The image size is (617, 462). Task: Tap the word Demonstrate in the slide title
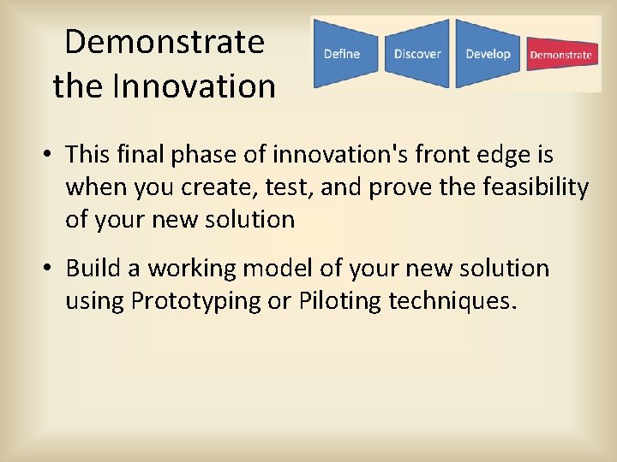(x=165, y=41)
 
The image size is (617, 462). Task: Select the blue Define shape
(x=345, y=53)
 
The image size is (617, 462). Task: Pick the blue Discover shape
(x=416, y=53)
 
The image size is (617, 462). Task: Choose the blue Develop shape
(x=488, y=53)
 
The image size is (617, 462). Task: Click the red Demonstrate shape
(x=562, y=54)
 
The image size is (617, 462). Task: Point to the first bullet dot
(x=47, y=153)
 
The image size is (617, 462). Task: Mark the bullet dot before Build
(x=47, y=268)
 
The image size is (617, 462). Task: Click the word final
(x=140, y=153)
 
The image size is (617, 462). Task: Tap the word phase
(x=203, y=155)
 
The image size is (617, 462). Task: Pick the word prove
(x=400, y=188)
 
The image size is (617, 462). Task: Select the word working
(x=192, y=269)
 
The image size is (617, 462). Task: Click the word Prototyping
(x=195, y=302)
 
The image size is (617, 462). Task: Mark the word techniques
(x=452, y=302)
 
